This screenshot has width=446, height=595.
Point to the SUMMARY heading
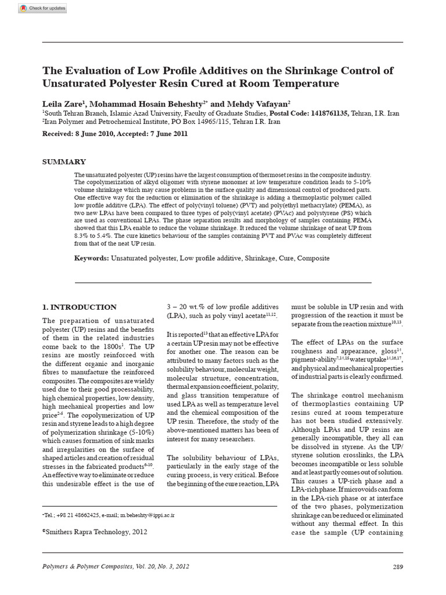tap(64, 162)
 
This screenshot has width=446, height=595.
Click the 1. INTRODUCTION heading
tap(80, 307)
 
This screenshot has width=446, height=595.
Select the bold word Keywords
tap(91, 258)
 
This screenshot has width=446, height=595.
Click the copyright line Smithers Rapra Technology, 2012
tap(96, 531)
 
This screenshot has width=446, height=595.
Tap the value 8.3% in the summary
tap(82, 238)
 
